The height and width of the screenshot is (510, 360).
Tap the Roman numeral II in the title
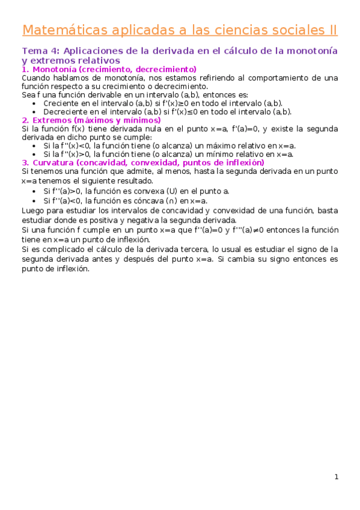point(330,30)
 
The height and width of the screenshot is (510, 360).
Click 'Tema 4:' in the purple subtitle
point(41,51)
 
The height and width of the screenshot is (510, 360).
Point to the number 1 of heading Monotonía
point(24,69)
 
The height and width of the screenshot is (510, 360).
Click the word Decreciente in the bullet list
point(65,111)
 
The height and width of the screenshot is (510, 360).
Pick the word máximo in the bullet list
point(212,146)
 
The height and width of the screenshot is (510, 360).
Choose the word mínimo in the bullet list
point(213,154)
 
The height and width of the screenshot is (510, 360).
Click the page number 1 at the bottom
point(337,478)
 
